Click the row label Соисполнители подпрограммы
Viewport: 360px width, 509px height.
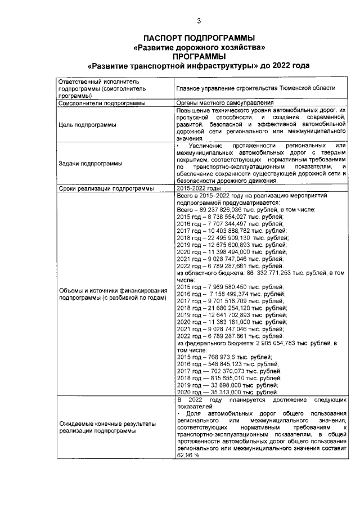pos(102,103)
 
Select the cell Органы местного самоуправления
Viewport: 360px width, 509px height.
pos(224,103)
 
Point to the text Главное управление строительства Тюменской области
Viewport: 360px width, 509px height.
pos(255,88)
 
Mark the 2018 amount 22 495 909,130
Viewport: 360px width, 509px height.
pos(224,238)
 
